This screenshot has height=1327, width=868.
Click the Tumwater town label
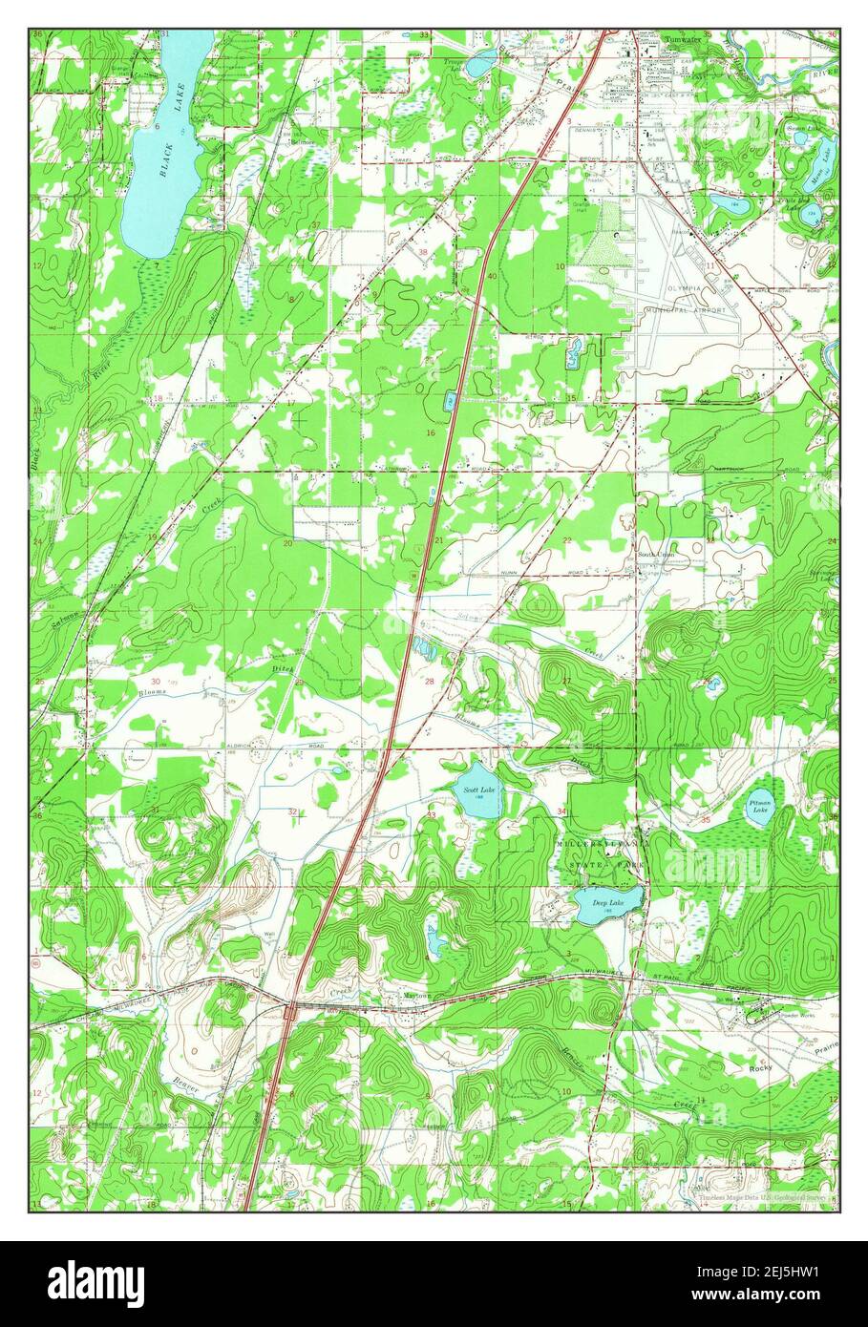[x=683, y=40]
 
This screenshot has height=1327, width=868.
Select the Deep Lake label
[x=606, y=902]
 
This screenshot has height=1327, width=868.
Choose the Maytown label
[x=417, y=996]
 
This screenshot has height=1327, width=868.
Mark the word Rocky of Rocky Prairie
[x=761, y=1068]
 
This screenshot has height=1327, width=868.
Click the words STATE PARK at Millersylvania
[x=603, y=864]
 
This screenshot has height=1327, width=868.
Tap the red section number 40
[x=491, y=276]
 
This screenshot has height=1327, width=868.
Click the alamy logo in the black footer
[x=98, y=1281]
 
